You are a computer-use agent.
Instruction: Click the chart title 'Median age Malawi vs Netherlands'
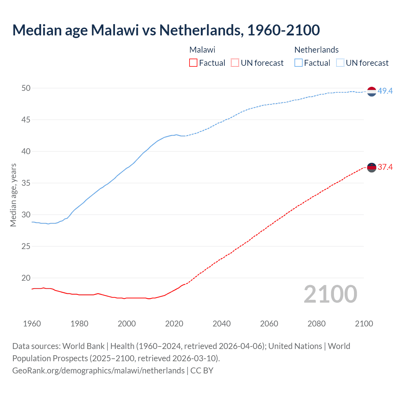coord(166,30)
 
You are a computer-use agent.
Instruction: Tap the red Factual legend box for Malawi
coord(193,63)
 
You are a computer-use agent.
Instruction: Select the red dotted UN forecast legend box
coord(235,63)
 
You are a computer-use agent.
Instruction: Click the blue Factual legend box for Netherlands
coord(298,63)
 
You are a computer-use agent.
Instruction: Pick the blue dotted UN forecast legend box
coord(340,63)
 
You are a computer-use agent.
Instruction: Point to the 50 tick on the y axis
coord(26,88)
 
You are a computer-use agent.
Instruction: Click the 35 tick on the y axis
coord(26,183)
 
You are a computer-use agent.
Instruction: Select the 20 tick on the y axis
coord(26,278)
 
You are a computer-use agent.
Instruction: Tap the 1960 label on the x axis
coord(32,324)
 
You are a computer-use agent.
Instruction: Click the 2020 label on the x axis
coord(174,324)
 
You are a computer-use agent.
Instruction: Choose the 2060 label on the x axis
coord(269,324)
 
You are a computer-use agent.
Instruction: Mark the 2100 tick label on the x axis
coord(364,324)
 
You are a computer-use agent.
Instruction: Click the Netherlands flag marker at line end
coord(372,91)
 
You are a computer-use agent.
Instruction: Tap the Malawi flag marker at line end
coord(372,168)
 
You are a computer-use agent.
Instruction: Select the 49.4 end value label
coord(385,91)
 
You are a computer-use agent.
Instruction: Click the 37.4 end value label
coord(385,167)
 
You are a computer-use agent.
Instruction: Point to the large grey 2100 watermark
coord(331,294)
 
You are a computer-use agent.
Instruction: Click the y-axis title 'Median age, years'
coord(13,195)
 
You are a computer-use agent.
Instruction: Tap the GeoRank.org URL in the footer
coord(98,371)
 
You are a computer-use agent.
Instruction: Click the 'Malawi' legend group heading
coord(202,50)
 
